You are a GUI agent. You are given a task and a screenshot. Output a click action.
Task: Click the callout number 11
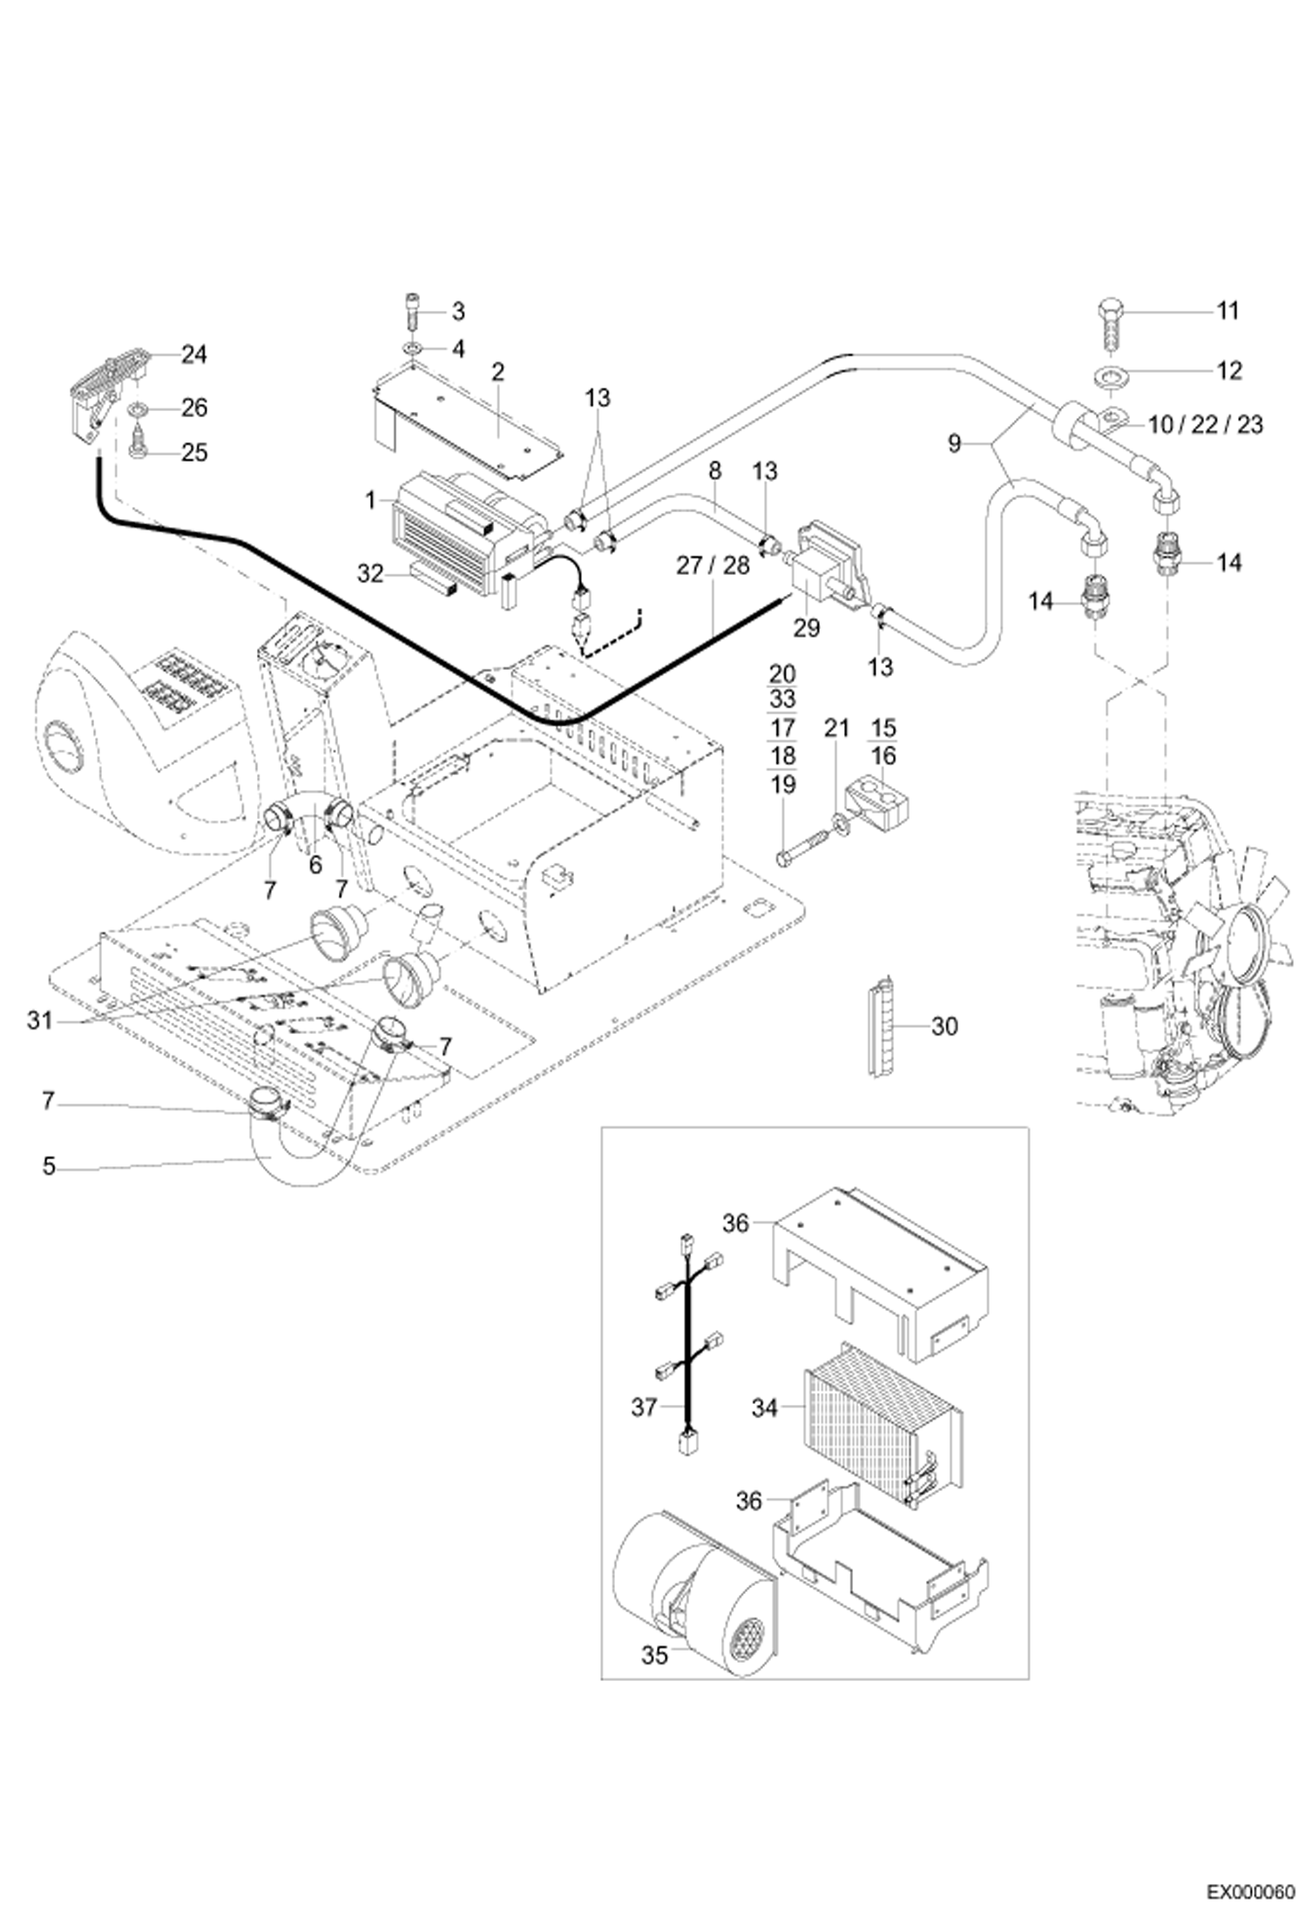[1227, 311]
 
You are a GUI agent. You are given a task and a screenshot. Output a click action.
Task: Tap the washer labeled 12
[1110, 377]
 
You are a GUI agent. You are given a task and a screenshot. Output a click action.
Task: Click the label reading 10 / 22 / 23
[1206, 425]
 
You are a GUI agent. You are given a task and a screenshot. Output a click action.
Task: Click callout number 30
[944, 1027]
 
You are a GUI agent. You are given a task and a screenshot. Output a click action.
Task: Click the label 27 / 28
[713, 565]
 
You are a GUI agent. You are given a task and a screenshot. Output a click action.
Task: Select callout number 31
[39, 1020]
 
